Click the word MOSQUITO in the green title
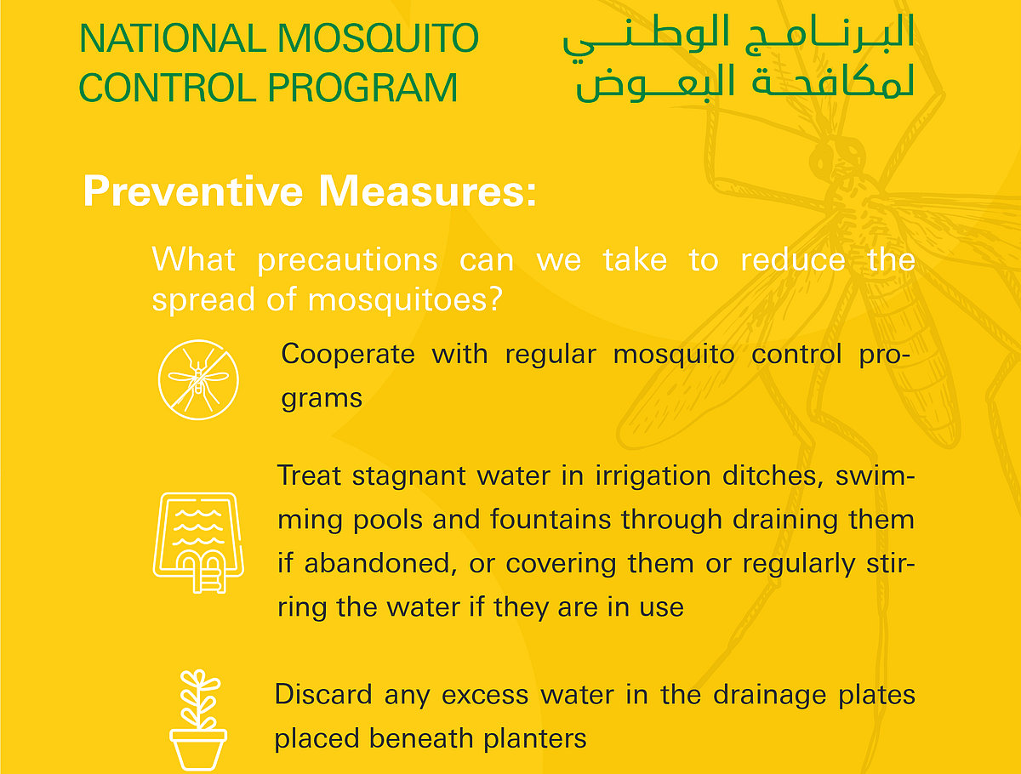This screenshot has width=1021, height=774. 377,39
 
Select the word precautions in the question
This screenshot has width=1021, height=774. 347,259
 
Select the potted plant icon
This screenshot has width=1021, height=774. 198,719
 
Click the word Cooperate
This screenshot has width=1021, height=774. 347,354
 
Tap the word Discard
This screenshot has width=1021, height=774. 323,695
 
